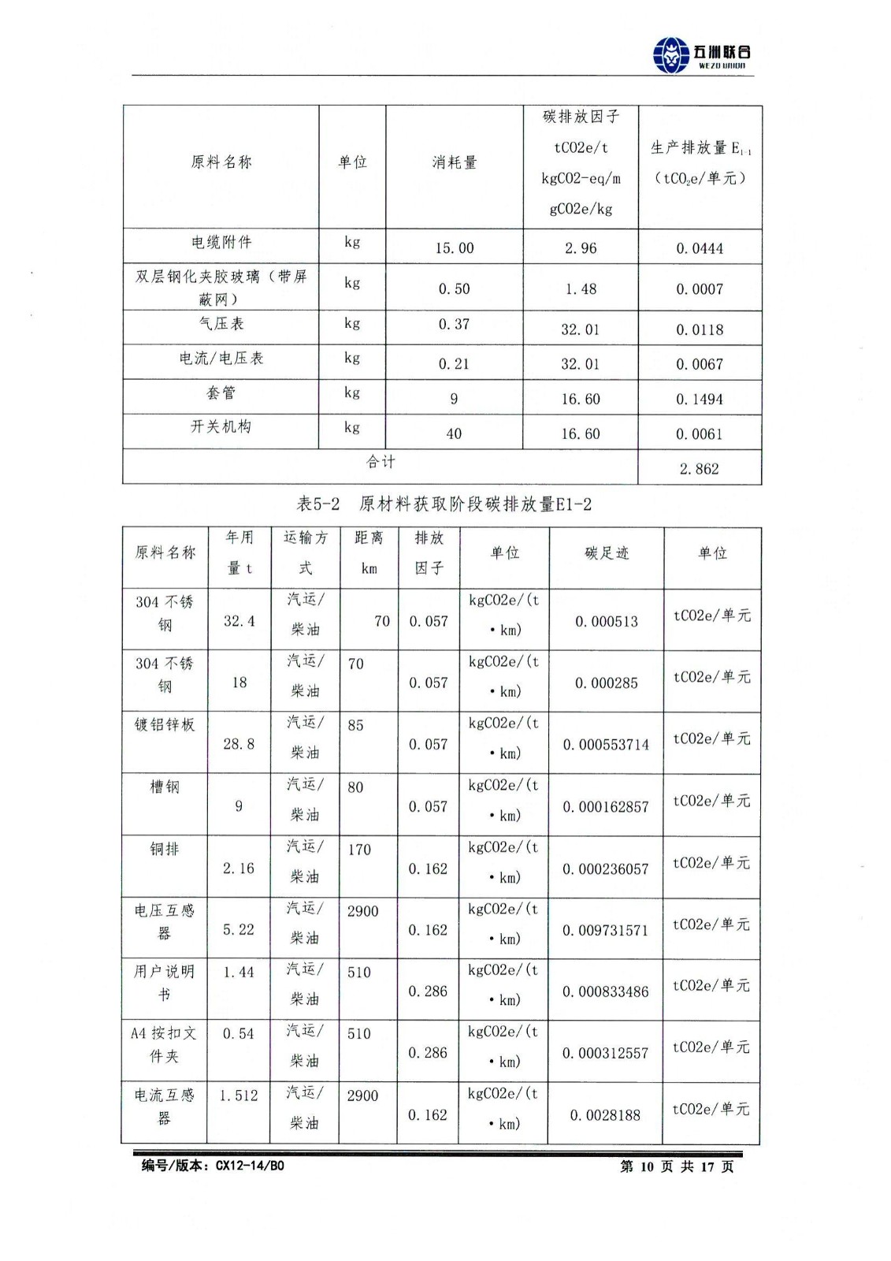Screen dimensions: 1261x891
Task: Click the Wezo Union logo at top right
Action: pos(701,54)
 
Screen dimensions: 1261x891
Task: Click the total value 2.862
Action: pos(699,469)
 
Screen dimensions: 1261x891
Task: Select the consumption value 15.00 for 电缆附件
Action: pos(455,248)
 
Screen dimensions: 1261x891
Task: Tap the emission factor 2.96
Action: pos(581,248)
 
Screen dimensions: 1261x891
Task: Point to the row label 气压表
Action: pos(221,324)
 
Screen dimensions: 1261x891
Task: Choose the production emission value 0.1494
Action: pos(699,400)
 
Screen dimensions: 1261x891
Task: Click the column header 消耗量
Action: pos(455,162)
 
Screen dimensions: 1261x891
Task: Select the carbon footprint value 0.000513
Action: pos(607,622)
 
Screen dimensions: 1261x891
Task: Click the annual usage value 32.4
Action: pos(239,621)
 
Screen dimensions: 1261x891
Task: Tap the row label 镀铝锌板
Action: pos(165,724)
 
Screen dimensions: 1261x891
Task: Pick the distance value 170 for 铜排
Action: pos(359,850)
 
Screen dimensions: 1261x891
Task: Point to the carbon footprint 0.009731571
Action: pos(605,931)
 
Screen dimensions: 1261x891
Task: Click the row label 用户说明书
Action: pos(164,983)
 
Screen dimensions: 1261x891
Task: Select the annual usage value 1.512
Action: pos(239,1095)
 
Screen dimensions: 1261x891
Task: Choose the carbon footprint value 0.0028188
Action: pos(605,1115)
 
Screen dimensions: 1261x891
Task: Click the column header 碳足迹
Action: pos(607,553)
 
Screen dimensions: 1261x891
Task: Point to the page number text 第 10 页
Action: pos(647,1166)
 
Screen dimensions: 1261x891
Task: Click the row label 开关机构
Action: pos(221,427)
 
